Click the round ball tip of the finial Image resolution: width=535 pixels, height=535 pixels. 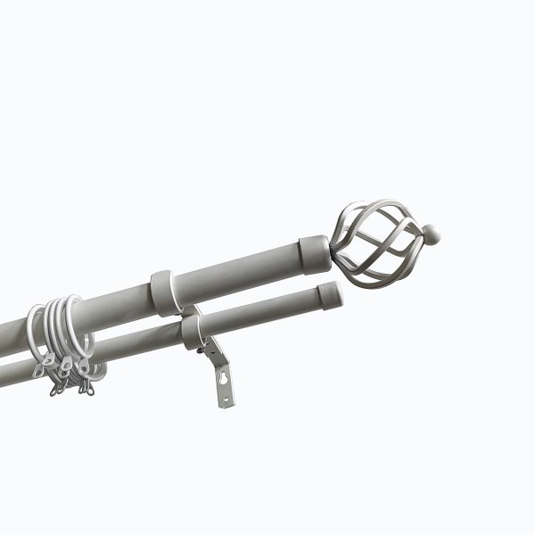coord(431,235)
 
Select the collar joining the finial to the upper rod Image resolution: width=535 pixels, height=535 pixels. coord(314,251)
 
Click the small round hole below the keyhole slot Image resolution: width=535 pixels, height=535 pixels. coord(225,397)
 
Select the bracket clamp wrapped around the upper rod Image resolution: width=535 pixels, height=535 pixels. coord(163,292)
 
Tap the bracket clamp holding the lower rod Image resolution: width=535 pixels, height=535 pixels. coord(193,331)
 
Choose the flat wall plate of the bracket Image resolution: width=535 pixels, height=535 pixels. coord(222,383)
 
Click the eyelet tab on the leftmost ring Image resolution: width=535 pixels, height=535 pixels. coord(40,367)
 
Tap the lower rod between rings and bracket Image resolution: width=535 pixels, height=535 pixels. coord(143,343)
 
